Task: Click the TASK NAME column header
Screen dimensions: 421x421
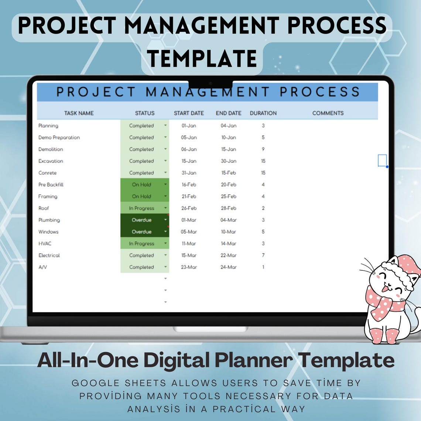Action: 79,113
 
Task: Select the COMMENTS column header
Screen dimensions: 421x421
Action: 328,113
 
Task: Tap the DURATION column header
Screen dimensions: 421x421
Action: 263,113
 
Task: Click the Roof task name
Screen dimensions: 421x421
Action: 44,208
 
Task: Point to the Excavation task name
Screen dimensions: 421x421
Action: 51,161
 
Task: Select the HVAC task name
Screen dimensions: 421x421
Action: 45,244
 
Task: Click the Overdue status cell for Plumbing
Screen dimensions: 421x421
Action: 141,220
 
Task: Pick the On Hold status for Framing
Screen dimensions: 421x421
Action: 141,196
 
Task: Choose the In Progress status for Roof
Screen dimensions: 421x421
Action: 141,208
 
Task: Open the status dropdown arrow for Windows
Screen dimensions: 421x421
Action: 165,232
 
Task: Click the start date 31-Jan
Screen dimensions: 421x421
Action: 189,173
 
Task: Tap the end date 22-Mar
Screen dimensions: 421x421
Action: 229,256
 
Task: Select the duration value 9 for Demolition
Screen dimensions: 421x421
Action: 263,149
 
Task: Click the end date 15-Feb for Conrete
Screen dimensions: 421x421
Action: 229,173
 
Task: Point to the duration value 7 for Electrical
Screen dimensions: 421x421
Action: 263,256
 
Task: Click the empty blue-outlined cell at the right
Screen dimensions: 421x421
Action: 382,160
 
